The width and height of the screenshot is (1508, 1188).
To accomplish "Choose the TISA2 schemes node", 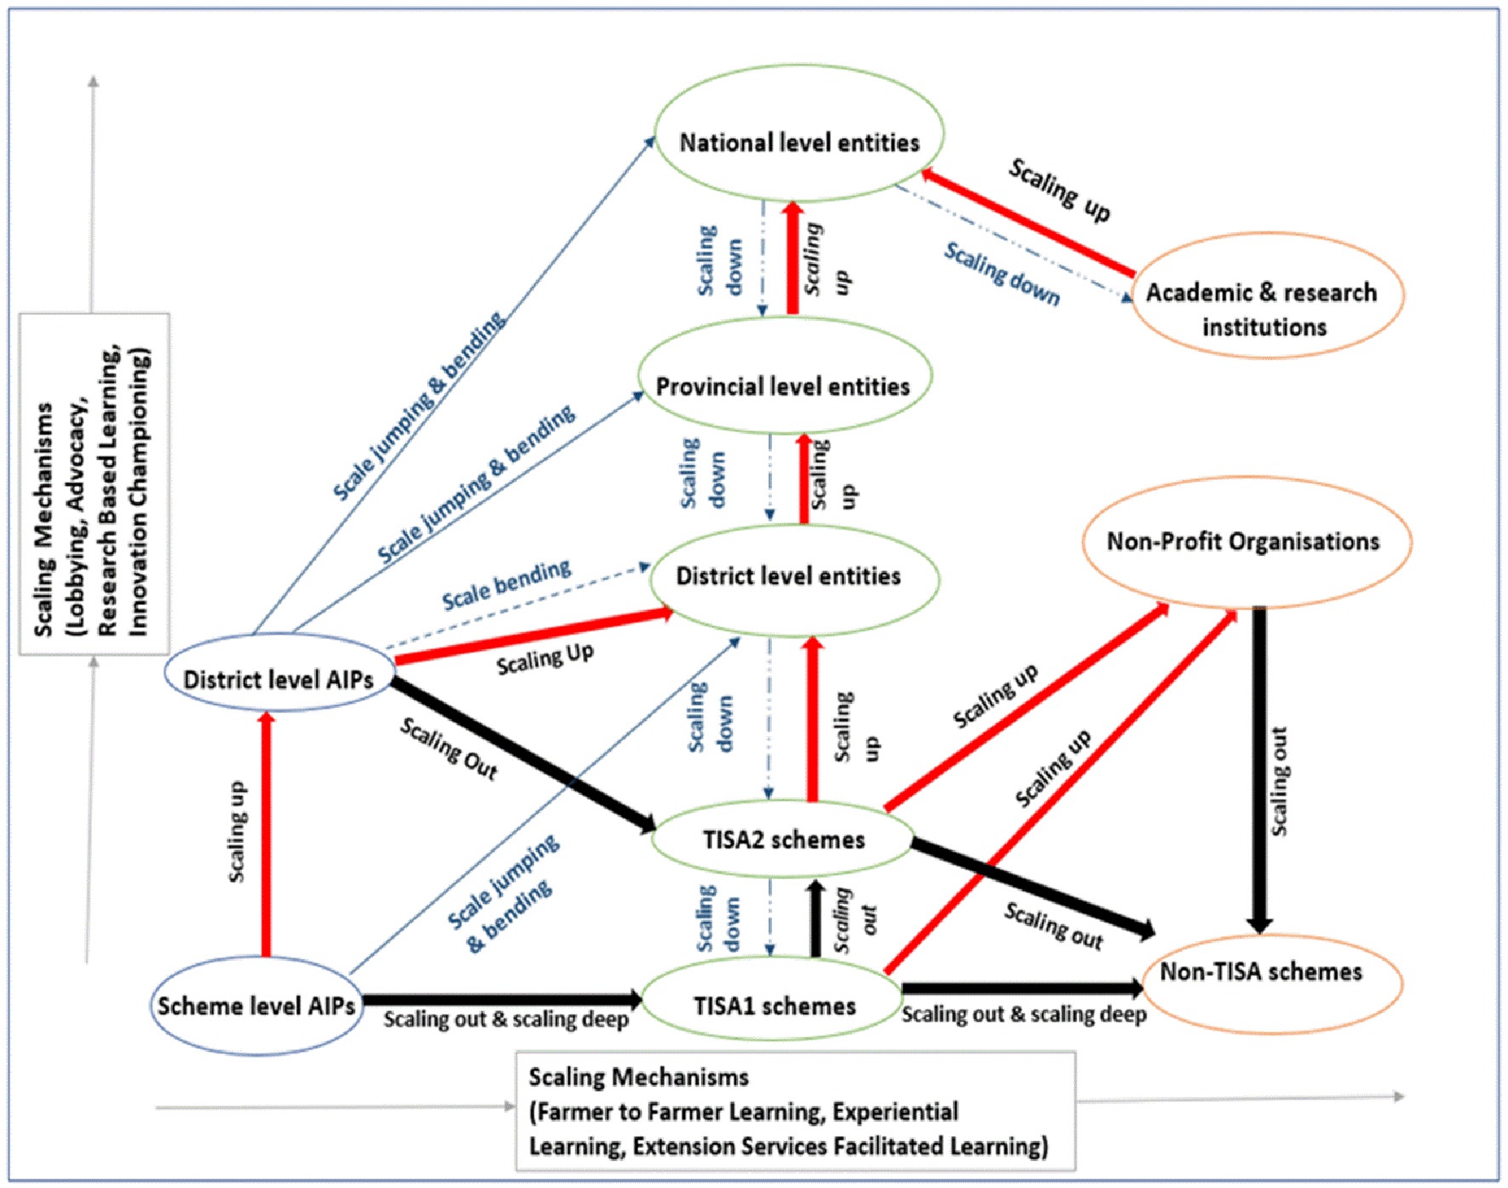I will point(783,839).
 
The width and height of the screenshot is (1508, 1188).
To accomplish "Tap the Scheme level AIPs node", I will point(256,1006).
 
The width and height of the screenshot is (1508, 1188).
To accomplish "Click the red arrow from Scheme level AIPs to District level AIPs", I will point(266,834).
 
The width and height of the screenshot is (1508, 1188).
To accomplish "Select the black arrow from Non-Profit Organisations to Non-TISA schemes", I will point(1260,766).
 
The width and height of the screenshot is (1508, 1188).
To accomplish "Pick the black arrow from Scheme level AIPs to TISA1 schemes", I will point(502,999).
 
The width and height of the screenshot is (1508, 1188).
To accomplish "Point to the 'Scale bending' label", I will point(506,585).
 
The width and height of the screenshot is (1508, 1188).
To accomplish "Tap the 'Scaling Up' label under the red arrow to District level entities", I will point(545,660).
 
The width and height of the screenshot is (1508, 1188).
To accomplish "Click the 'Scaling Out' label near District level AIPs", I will point(448,748).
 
